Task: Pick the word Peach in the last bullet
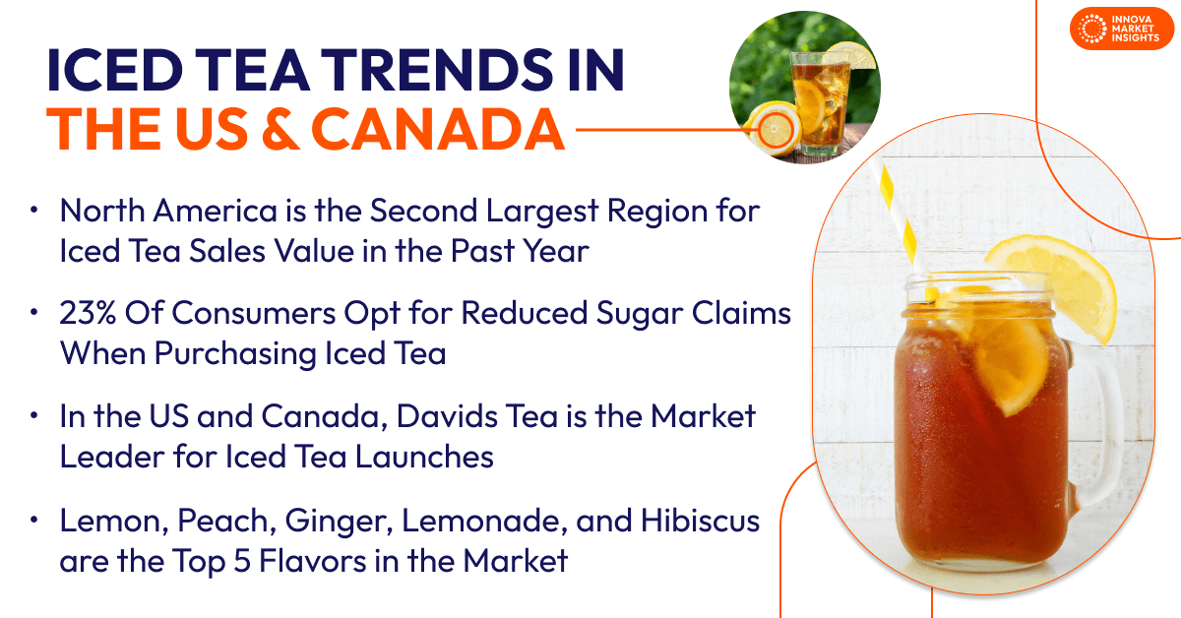[212, 522]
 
